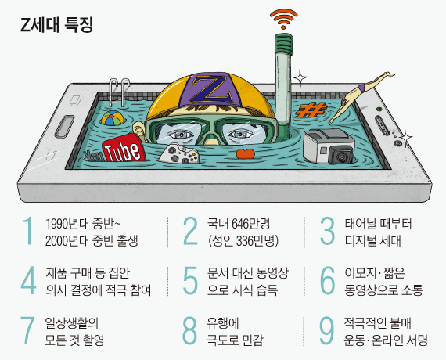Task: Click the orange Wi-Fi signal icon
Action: [x=283, y=19]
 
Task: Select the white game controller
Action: [x=179, y=154]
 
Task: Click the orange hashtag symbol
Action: [x=311, y=110]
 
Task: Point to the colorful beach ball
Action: [x=113, y=118]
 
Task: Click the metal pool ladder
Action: [x=119, y=92]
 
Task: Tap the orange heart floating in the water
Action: [x=246, y=153]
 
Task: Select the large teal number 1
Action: [x=27, y=231]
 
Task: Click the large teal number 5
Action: [x=190, y=281]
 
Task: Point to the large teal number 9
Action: [x=327, y=331]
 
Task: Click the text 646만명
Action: [x=251, y=224]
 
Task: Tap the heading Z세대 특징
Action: [x=56, y=25]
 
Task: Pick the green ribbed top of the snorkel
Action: [x=283, y=44]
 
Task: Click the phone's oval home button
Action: [x=65, y=125]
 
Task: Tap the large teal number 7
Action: [x=27, y=331]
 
